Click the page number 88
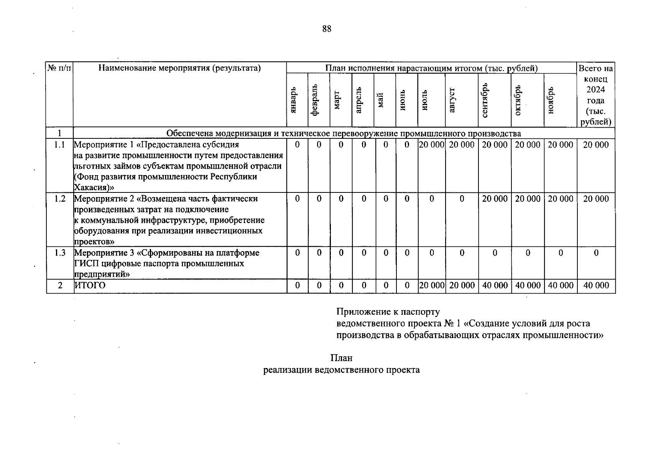coord(327,29)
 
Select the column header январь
coord(294,100)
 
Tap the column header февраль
coord(315,100)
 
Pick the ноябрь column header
coord(551,100)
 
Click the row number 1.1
coord(59,145)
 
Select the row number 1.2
coord(59,199)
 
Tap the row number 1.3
coord(59,253)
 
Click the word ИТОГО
coord(90,286)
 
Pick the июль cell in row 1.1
coord(432,145)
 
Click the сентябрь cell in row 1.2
coord(495,199)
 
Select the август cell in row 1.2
coord(462,199)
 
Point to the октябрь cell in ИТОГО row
coord(528,286)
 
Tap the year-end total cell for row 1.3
coord(596,253)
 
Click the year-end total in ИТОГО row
coord(596,286)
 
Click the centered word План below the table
coord(341,358)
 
